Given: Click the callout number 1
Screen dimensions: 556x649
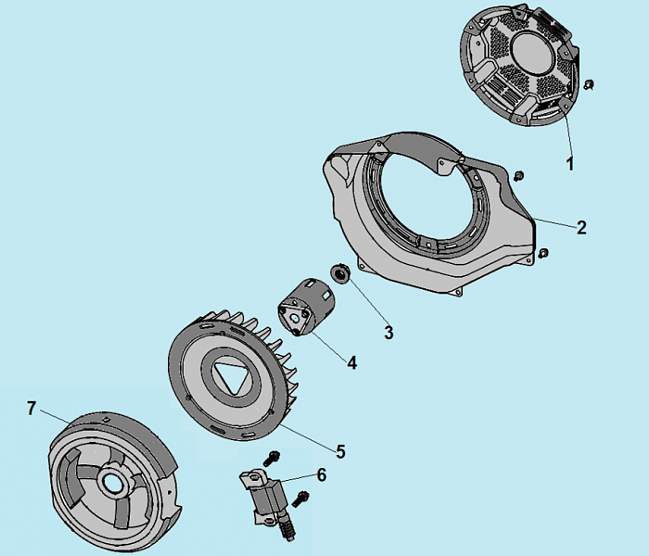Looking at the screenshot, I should (x=570, y=164).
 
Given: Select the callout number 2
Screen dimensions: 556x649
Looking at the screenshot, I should (x=581, y=227).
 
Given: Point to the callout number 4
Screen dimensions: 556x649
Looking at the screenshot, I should (x=352, y=362).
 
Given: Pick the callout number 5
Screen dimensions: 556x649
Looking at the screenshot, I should (x=340, y=451).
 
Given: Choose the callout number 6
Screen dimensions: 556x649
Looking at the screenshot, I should (x=321, y=475).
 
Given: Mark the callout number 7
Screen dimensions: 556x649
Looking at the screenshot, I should (x=32, y=408).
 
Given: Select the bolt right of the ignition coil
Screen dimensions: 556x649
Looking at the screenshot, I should (x=300, y=499).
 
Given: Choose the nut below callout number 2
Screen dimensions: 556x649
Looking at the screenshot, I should (x=545, y=252).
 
